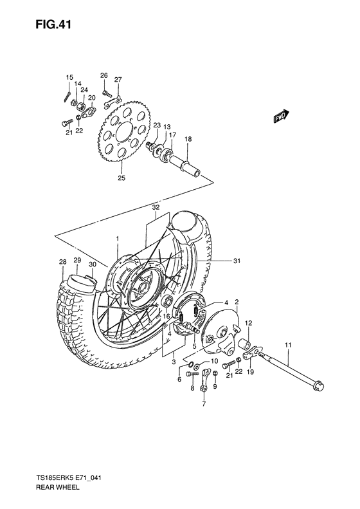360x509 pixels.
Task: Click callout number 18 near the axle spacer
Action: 188,139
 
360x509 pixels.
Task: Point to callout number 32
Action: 155,207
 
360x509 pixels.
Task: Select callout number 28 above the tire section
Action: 62,262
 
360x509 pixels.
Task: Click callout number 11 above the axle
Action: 289,346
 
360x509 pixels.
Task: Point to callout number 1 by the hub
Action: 118,239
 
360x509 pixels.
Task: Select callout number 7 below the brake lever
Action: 204,404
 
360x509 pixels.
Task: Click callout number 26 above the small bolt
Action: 104,75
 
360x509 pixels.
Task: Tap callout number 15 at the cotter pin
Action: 69,78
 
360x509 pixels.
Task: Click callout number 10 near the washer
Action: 214,360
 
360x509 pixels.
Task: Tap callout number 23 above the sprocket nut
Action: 156,125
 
